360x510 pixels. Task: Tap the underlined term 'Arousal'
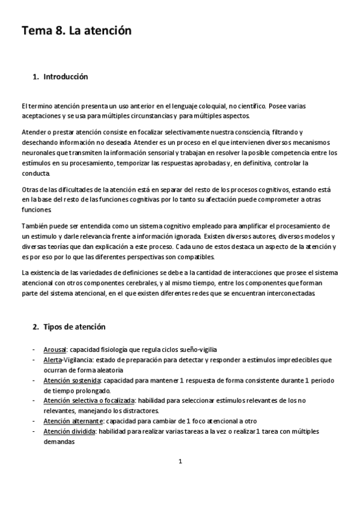55,349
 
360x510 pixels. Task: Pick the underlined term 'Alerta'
53,360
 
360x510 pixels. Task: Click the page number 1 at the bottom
180,462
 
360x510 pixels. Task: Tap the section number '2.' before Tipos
35,327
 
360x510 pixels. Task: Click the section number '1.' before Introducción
35,77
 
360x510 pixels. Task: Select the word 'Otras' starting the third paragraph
29,190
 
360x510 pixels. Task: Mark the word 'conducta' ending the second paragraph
35,173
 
